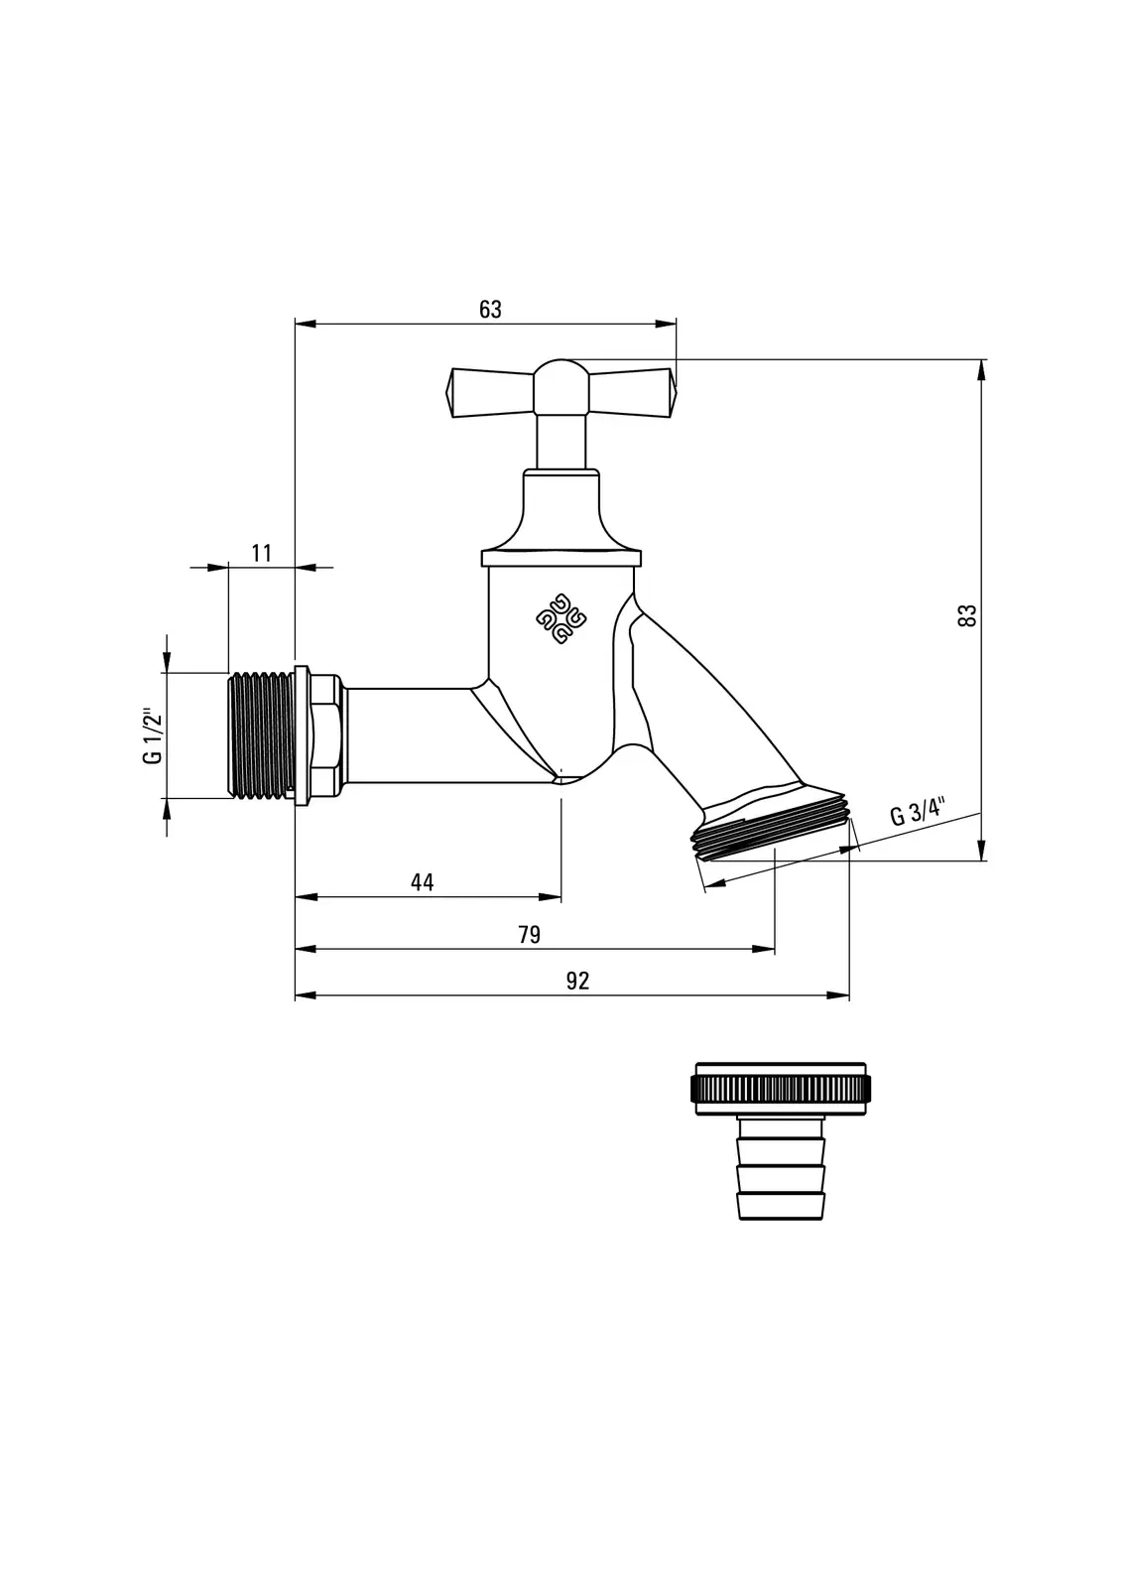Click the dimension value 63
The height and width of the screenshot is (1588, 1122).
click(x=490, y=310)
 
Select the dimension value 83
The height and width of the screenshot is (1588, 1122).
click(x=968, y=614)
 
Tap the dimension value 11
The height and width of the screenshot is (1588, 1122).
click(x=262, y=553)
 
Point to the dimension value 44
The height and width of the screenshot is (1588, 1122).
click(x=423, y=882)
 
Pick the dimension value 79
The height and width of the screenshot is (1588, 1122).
click(x=530, y=935)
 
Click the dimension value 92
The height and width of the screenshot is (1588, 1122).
click(x=577, y=982)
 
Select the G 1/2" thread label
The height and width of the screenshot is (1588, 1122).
click(x=152, y=735)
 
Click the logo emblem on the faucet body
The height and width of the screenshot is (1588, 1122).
click(x=561, y=618)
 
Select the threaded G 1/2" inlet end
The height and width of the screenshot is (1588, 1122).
click(x=260, y=734)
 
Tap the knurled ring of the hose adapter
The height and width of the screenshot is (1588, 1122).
click(x=780, y=1089)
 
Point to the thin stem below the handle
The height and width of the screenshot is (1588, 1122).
click(x=561, y=442)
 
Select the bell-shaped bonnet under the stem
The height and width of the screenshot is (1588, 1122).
click(x=561, y=511)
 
